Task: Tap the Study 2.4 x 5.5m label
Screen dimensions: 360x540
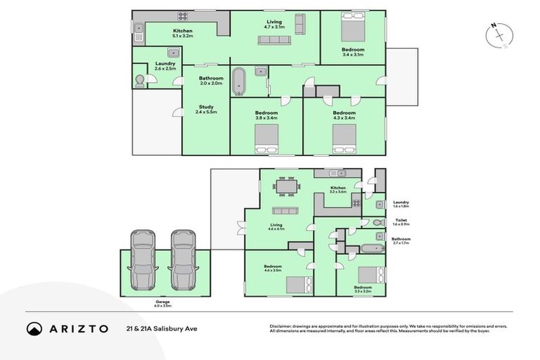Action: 206,109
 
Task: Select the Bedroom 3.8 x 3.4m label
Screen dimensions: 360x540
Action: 266,115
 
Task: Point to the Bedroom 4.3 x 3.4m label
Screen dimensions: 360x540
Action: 344,115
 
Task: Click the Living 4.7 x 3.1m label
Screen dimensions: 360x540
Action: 274,24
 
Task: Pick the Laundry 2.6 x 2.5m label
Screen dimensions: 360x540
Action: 165,65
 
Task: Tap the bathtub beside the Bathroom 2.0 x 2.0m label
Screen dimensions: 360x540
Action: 240,80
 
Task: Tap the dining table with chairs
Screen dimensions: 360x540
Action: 286,188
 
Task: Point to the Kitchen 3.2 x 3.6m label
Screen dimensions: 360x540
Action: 338,190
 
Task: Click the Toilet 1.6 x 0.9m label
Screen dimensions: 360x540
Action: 401,222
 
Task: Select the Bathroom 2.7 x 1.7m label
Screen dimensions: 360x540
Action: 401,241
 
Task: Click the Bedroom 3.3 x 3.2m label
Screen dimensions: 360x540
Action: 363,289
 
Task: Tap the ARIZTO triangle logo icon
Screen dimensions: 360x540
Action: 34,328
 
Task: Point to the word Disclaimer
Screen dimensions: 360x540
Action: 281,326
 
